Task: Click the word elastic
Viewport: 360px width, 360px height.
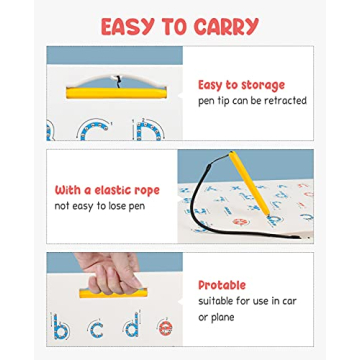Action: pos(104,189)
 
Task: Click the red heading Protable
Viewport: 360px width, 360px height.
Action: pos(222,285)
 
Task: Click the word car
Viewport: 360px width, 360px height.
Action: pos(292,301)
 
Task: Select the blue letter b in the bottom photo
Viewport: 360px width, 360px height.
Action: pos(63,327)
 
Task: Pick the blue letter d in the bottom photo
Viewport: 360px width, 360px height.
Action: pos(131,326)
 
